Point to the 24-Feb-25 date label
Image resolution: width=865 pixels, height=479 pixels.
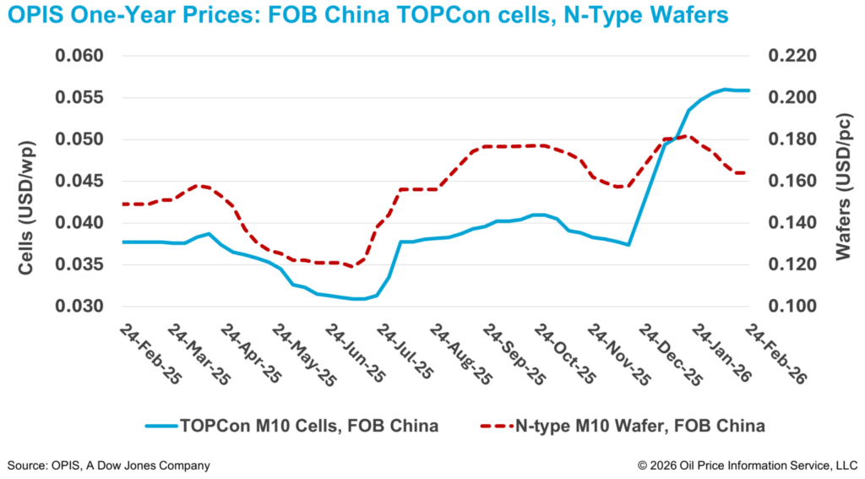[x=152, y=353]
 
